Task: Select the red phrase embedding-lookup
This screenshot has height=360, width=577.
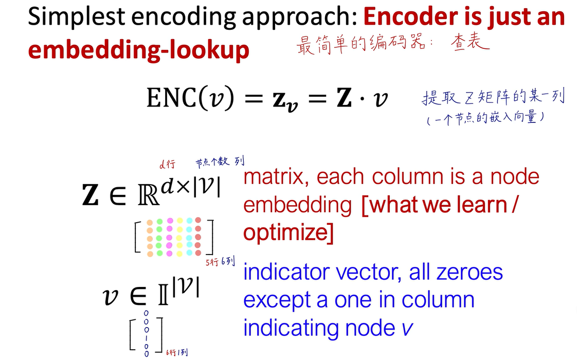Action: click(138, 50)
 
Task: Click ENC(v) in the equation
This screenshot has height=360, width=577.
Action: click(190, 98)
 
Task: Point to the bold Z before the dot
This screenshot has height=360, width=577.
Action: click(345, 98)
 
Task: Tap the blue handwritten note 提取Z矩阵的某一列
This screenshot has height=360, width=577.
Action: click(494, 97)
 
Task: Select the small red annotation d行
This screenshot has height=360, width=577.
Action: click(168, 164)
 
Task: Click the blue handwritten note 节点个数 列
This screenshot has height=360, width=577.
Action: click(220, 161)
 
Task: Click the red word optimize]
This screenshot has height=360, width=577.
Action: click(288, 232)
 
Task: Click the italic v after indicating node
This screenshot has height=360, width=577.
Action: click(407, 328)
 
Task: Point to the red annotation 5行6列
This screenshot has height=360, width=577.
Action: click(220, 262)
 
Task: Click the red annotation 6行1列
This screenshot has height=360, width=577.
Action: click(177, 352)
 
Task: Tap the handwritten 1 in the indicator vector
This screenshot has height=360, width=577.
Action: click(147, 338)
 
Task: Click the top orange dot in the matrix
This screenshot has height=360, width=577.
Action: click(150, 223)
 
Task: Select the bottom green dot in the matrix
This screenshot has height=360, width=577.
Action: click(160, 253)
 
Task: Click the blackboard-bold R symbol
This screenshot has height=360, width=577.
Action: click(149, 196)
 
